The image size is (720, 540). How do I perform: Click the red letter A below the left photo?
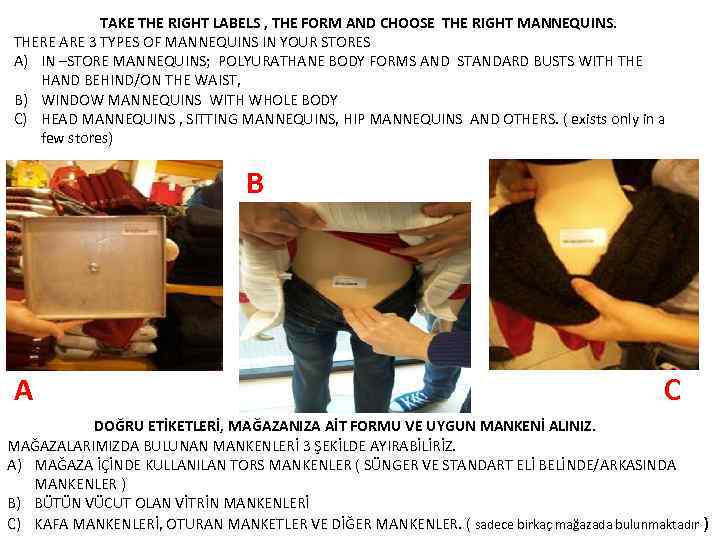pos(23,390)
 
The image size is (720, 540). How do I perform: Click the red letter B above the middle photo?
pos(255,183)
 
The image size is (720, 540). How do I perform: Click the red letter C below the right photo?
pos(672,390)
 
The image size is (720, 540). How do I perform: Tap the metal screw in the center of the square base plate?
pos(93,266)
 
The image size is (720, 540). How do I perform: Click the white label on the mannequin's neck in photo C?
pos(576,239)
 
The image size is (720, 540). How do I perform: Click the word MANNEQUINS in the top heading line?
pos(568,21)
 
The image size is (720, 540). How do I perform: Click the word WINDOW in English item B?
pos(75,100)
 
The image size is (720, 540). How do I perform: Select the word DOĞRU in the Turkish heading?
pos(120,426)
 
